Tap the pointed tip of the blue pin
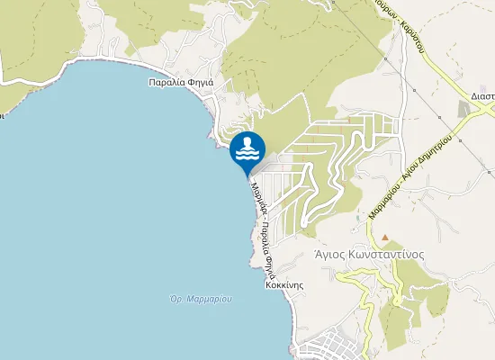[x=247, y=176]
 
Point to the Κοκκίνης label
[x=282, y=283]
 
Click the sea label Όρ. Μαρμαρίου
[x=201, y=298]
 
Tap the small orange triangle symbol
[x=385, y=238]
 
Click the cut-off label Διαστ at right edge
[x=482, y=94]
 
